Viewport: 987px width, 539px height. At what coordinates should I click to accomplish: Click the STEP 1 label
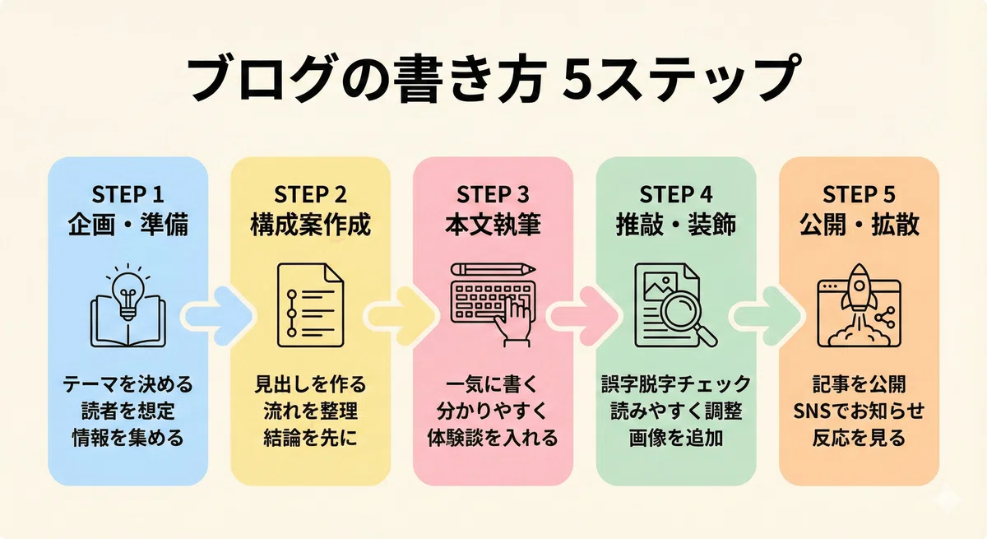tap(127, 194)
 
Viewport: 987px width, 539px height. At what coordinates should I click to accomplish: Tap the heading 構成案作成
tap(310, 225)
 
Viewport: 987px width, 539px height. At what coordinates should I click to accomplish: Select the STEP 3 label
tap(493, 194)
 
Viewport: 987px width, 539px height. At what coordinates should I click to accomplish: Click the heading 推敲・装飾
tap(676, 225)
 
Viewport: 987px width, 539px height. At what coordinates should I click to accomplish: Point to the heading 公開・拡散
tap(860, 225)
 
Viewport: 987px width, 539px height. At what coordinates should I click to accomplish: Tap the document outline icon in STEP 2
tap(310, 305)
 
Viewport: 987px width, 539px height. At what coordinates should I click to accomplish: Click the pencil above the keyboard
tap(493, 269)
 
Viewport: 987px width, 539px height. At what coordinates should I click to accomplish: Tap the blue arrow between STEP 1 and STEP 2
tap(218, 315)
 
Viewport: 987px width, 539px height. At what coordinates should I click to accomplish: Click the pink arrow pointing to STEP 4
tap(583, 315)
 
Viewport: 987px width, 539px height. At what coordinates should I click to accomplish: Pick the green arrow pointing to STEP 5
tap(766, 315)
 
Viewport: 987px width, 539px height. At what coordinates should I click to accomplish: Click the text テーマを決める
tap(127, 384)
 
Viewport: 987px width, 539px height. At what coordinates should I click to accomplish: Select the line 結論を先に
tap(310, 438)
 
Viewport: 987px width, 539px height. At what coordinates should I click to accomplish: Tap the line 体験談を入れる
tap(493, 438)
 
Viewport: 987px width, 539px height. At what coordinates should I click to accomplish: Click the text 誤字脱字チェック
tap(676, 384)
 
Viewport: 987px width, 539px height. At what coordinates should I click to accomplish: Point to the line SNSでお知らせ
tap(860, 411)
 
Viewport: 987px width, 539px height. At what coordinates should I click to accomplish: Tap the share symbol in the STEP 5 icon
tap(885, 318)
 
